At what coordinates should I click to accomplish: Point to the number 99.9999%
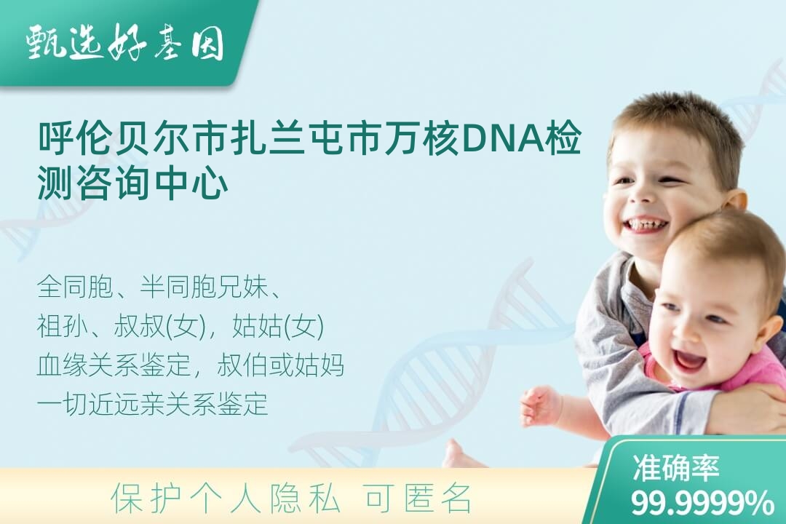[x=702, y=502]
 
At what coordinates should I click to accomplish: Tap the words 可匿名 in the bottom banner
[x=418, y=499]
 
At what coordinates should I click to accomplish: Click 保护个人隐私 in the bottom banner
[x=225, y=499]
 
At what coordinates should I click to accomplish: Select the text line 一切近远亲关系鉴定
[x=152, y=404]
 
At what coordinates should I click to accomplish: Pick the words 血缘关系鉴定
[x=114, y=365]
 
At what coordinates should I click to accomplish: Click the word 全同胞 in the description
[x=75, y=287]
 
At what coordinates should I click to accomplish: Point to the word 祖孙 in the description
[x=63, y=326]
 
